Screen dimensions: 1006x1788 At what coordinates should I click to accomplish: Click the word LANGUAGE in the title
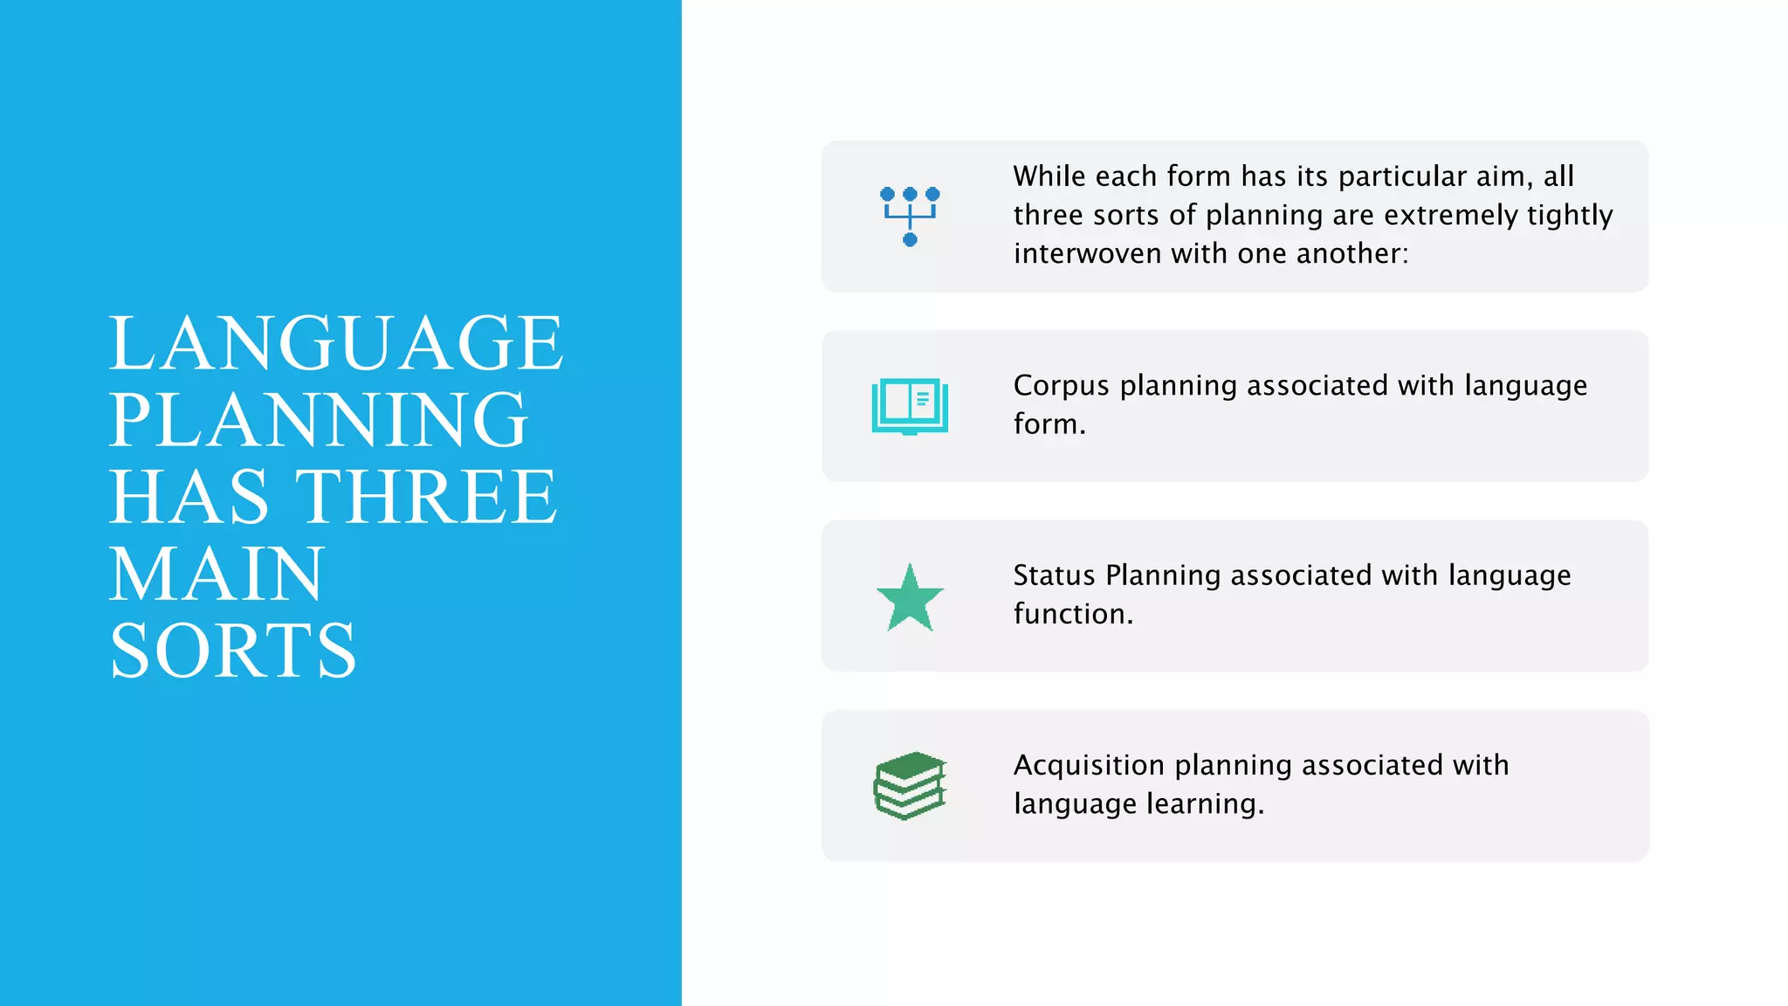336,343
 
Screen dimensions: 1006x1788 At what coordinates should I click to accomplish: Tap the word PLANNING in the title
319,420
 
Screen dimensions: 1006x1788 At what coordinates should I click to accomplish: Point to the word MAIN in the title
217,574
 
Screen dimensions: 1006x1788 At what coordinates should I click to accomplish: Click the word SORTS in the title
233,651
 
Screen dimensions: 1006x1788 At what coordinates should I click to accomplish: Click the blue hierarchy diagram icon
910,217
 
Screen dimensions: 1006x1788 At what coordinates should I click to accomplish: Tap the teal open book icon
910,406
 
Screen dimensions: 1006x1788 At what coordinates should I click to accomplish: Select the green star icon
910,597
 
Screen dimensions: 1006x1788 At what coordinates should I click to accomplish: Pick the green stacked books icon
910,786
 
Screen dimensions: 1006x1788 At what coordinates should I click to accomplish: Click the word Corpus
1061,386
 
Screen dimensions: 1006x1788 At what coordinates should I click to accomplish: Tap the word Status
1054,575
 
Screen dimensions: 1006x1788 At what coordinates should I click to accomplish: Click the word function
1073,614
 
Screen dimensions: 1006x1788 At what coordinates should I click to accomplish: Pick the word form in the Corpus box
1049,424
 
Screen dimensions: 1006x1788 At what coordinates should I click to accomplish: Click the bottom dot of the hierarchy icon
910,240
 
